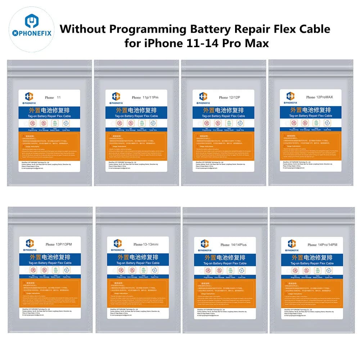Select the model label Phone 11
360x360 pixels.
53,98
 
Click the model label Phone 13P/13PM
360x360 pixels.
58,244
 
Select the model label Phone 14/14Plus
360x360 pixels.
234,245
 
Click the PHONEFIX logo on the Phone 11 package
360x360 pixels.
30,98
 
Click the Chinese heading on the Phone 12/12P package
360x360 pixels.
224,110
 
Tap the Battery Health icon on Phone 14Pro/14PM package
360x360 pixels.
318,270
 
